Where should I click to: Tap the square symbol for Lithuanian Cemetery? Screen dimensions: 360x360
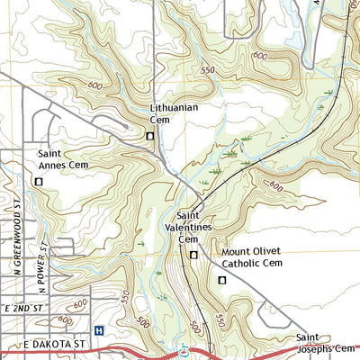pyautogui.click(x=150, y=136)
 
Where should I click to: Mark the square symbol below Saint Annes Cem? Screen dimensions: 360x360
pyautogui.click(x=38, y=182)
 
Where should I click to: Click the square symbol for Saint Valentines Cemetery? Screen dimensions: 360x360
pyautogui.click(x=193, y=256)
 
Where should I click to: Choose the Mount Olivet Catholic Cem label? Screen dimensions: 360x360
pyautogui.click(x=252, y=257)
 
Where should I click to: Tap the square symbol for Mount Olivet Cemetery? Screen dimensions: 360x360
pyautogui.click(x=222, y=281)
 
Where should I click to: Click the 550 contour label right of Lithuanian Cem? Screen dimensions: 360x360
pyautogui.click(x=210, y=70)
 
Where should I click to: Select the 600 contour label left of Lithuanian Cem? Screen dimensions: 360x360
pyautogui.click(x=95, y=86)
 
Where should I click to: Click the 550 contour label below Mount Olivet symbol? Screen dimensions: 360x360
pyautogui.click(x=220, y=319)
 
